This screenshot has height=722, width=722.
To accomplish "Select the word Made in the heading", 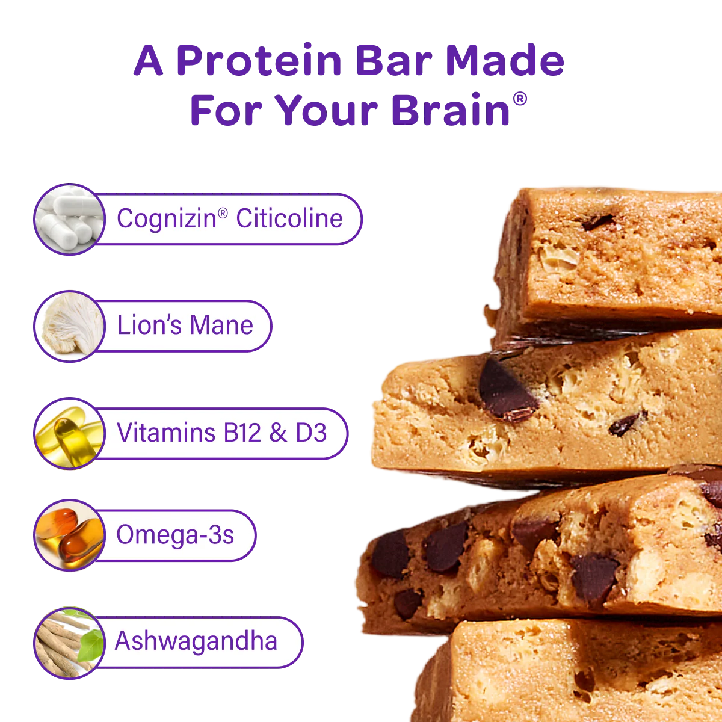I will coord(504,61).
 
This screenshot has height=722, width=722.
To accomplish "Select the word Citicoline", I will coord(289,218).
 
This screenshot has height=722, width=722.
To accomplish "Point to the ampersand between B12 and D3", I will coord(278,433).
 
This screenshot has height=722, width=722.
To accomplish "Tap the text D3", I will coord(311,433).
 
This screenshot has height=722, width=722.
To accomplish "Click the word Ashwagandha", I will coord(196,641).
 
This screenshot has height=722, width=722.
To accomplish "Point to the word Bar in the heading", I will coord(392,61).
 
